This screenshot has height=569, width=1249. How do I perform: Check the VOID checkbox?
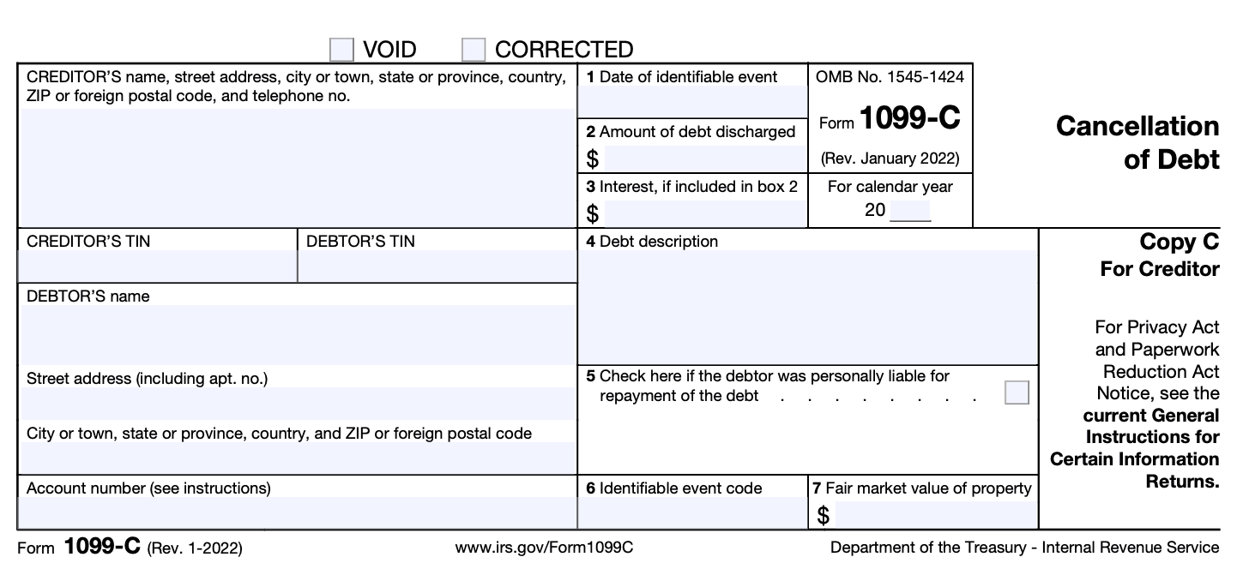pyautogui.click(x=341, y=50)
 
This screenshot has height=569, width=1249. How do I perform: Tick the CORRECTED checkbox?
pyautogui.click(x=473, y=50)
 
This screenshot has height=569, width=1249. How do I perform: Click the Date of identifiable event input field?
pyautogui.click(x=692, y=102)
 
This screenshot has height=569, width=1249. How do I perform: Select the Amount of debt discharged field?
pyautogui.click(x=704, y=159)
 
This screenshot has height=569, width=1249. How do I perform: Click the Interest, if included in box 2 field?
pyautogui.click(x=704, y=213)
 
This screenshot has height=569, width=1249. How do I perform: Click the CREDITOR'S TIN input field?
pyautogui.click(x=157, y=267)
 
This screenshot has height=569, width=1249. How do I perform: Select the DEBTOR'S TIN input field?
pyautogui.click(x=437, y=267)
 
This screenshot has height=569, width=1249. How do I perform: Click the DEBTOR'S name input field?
pyautogui.click(x=296, y=334)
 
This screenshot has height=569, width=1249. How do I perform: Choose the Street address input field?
pyautogui.click(x=296, y=403)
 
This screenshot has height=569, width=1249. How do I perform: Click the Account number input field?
pyautogui.click(x=296, y=512)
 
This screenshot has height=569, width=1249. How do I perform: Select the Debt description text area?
pyautogui.click(x=807, y=307)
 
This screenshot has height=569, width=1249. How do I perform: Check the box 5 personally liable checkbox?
pyautogui.click(x=1017, y=392)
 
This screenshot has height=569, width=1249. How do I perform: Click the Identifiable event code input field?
pyautogui.click(x=692, y=513)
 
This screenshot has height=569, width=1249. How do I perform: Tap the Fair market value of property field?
pyautogui.click(x=934, y=515)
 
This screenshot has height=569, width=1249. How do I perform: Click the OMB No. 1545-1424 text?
pyautogui.click(x=890, y=77)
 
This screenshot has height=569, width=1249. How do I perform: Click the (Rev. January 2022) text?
pyautogui.click(x=890, y=159)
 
